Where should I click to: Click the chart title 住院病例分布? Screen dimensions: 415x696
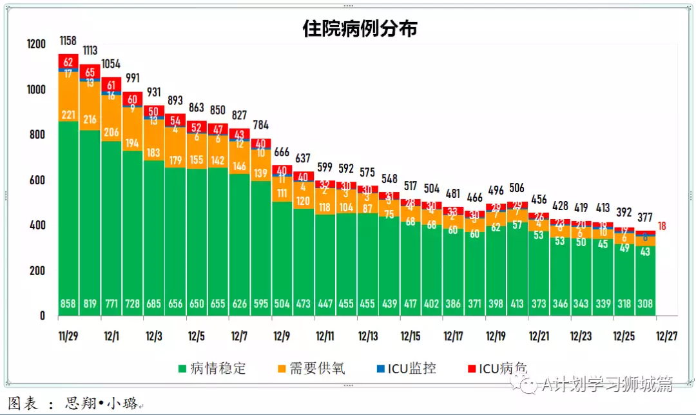pos(360,29)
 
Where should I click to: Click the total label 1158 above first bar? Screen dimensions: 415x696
pos(68,41)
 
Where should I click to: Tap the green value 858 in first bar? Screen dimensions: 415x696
pos(68,304)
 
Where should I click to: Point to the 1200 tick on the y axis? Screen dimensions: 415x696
pos(36,44)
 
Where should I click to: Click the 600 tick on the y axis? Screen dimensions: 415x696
pos(36,180)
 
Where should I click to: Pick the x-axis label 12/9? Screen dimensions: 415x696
pos(282,336)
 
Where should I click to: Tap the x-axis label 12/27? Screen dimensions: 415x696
pos(666,336)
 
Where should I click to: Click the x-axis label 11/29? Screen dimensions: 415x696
pos(68,336)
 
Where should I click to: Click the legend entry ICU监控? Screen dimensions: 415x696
pos(416,369)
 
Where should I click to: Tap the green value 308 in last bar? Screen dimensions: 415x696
pos(645,304)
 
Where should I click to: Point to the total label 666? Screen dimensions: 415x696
pos(282,152)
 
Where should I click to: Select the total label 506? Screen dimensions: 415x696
pos(516,189)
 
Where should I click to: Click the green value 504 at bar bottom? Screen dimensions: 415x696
pos(282,304)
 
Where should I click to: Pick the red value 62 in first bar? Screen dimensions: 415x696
pos(68,61)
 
